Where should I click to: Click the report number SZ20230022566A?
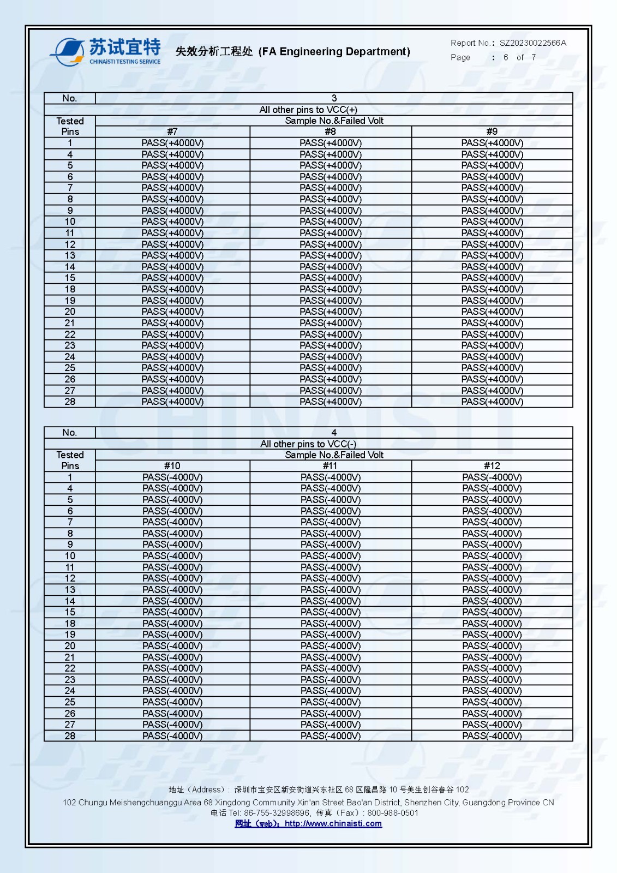(x=532, y=43)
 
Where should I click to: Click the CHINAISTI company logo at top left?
(x=106, y=52)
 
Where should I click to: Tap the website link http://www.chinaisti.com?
(x=333, y=824)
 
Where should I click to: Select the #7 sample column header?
(x=172, y=131)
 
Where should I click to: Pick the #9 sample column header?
(x=492, y=131)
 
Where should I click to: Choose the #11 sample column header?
(x=330, y=466)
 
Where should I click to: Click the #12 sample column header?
(x=492, y=466)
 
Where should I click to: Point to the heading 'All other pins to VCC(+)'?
(x=308, y=110)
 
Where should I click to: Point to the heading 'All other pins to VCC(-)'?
(x=308, y=444)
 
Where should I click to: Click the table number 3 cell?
(x=334, y=98)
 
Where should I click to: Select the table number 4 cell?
(x=334, y=433)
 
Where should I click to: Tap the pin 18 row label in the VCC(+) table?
(x=70, y=289)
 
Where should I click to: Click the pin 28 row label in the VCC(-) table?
(x=70, y=736)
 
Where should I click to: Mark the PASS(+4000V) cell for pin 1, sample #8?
(x=331, y=143)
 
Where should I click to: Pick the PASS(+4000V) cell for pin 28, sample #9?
(x=492, y=402)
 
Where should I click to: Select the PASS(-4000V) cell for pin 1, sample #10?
(x=172, y=477)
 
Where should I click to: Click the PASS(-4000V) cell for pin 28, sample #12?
(x=492, y=736)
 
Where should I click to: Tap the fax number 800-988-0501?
(x=393, y=813)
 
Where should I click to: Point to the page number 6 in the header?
(x=506, y=57)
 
